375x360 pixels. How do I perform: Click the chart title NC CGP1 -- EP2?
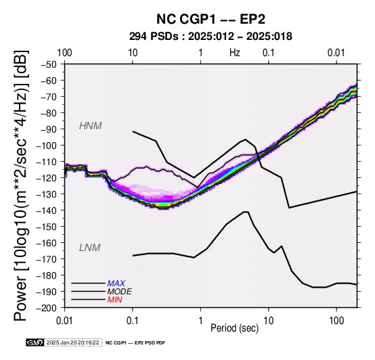click(x=211, y=19)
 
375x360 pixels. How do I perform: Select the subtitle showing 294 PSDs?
click(x=211, y=37)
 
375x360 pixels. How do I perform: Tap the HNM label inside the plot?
click(x=91, y=126)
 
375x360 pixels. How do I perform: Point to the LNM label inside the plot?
click(x=89, y=248)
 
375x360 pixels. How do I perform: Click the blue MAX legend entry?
click(x=116, y=284)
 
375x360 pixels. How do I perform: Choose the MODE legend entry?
click(x=119, y=292)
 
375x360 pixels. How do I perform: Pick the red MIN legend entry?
click(x=114, y=300)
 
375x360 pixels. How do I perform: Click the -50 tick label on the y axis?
click(x=49, y=64)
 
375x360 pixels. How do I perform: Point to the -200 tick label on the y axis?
click(x=47, y=308)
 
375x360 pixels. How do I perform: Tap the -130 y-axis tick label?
click(x=47, y=194)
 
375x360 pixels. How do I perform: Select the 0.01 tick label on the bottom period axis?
click(x=64, y=321)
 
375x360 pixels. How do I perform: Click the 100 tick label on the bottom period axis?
click(x=336, y=321)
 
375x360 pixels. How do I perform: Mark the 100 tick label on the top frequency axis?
click(x=64, y=53)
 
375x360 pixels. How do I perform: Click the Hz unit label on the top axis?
click(x=235, y=53)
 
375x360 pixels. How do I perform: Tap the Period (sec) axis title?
click(x=235, y=328)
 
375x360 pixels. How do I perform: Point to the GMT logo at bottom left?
click(x=35, y=342)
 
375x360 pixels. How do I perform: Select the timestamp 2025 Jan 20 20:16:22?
click(x=72, y=342)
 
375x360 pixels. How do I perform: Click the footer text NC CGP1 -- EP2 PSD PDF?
click(x=135, y=343)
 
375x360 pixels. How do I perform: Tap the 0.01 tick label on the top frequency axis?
click(x=336, y=53)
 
